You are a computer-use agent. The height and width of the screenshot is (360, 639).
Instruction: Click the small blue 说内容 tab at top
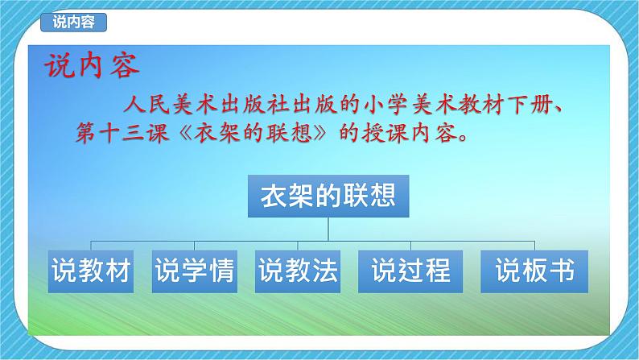(73, 23)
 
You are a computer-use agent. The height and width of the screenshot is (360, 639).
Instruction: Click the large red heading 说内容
(92, 65)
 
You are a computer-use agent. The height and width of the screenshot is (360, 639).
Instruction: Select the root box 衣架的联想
(328, 196)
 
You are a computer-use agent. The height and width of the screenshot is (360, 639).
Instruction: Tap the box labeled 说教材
(91, 271)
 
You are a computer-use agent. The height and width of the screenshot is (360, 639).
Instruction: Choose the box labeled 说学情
(195, 271)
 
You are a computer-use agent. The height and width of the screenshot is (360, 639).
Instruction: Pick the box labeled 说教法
(298, 271)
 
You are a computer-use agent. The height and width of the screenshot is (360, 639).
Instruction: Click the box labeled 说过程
(410, 271)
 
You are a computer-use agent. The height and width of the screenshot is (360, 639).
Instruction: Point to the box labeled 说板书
(534, 271)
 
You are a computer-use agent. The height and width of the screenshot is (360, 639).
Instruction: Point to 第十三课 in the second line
(122, 133)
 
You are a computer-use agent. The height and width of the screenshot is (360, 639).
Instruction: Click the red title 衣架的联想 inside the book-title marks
(253, 133)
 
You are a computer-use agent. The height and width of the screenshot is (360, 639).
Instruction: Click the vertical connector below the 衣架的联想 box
(328, 230)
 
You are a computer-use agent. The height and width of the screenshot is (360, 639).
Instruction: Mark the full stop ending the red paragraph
(463, 138)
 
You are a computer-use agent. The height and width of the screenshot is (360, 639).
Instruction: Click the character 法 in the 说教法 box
(324, 271)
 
